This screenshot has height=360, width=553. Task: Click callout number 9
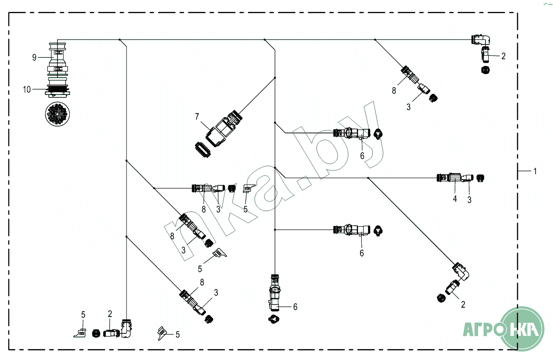tap(35, 58)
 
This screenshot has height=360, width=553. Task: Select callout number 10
tap(27, 90)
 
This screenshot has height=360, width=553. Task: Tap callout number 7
tap(196, 115)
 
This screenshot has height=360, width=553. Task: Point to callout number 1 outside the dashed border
tap(535, 171)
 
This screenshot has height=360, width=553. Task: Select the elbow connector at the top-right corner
tap(481, 40)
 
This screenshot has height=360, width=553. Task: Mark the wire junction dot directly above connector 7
tap(275, 78)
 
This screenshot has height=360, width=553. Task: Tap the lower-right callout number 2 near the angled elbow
tap(463, 304)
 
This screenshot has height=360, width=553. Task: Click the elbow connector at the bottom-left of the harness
tap(126, 328)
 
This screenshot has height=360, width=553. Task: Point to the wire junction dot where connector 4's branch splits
tap(369, 178)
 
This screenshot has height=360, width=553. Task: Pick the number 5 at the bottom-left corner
tap(83, 315)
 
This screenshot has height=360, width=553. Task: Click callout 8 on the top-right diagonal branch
tap(394, 90)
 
